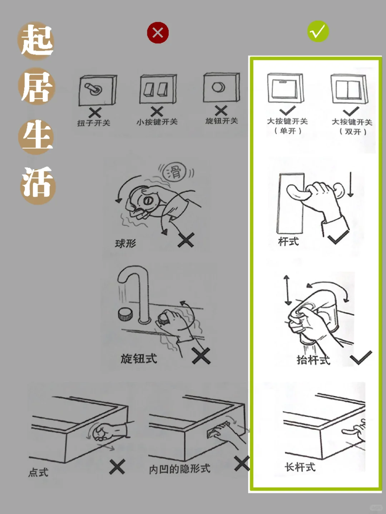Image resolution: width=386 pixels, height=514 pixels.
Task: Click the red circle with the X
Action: pyautogui.click(x=158, y=33)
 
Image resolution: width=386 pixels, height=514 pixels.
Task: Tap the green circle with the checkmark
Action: pyautogui.click(x=318, y=32)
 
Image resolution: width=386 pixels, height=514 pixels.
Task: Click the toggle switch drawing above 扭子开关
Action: pyautogui.click(x=97, y=90)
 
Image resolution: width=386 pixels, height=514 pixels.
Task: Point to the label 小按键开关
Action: pyautogui.click(x=157, y=122)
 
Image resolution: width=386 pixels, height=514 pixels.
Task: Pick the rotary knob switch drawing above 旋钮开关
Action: pyautogui.click(x=221, y=88)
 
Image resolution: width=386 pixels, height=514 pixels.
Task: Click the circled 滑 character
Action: pyautogui.click(x=174, y=172)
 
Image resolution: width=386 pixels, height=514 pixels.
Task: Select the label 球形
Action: pyautogui.click(x=125, y=244)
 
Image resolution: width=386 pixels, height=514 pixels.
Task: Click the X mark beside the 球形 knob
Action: pyautogui.click(x=186, y=240)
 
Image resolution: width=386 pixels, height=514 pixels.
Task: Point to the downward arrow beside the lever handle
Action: pyautogui.click(x=350, y=185)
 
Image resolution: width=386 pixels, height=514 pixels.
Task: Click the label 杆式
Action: pyautogui.click(x=288, y=242)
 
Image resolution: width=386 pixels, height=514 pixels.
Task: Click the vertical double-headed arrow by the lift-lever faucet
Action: pyautogui.click(x=287, y=290)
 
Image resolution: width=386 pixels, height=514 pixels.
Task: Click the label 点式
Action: pyautogui.click(x=38, y=473)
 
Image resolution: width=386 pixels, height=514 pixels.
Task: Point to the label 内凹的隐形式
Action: pyautogui.click(x=179, y=469)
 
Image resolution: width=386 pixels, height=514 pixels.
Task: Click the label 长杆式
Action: pyautogui.click(x=300, y=467)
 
